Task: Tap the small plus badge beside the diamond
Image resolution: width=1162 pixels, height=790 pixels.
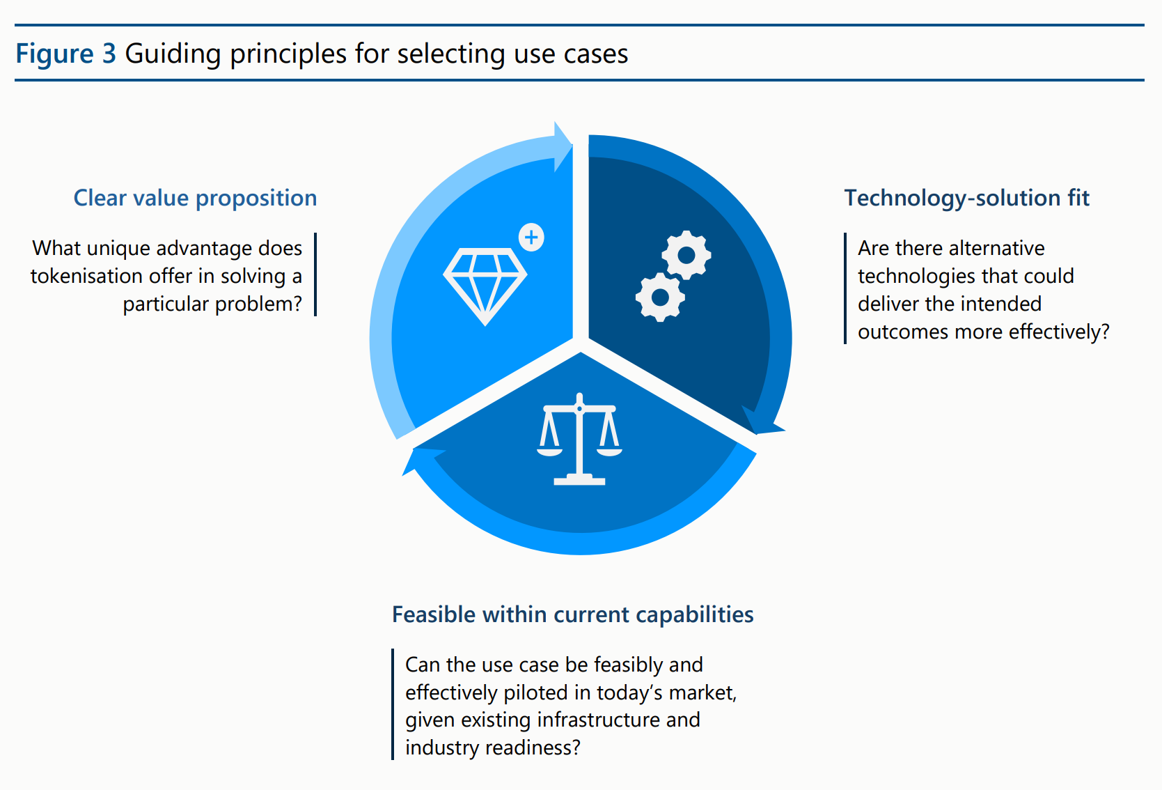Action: click(531, 238)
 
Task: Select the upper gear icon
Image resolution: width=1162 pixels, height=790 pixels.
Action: click(686, 255)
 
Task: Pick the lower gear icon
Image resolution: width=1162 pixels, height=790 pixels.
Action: click(660, 297)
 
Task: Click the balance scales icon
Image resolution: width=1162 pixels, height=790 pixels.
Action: click(579, 440)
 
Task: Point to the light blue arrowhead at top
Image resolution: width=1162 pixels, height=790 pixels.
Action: click(562, 146)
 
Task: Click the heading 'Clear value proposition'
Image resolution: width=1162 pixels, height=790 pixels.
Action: click(195, 199)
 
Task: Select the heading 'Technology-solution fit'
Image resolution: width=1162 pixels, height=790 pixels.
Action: click(966, 199)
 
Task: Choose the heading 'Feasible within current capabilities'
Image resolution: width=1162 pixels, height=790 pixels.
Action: click(572, 614)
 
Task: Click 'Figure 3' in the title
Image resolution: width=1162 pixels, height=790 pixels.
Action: click(65, 54)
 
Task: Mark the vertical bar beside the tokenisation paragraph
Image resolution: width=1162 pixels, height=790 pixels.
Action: click(315, 274)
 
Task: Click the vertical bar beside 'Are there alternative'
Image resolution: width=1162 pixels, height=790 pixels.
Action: click(845, 288)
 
